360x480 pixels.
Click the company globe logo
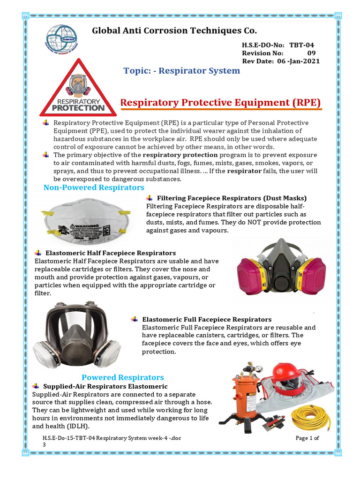[62, 39]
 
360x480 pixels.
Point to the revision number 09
[312, 53]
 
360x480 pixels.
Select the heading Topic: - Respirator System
[181, 71]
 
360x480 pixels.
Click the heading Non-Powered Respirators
[94, 187]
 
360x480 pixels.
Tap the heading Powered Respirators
[123, 377]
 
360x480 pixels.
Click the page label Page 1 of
[307, 438]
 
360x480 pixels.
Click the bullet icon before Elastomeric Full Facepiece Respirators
[134, 319]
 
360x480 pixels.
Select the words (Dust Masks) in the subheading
[285, 198]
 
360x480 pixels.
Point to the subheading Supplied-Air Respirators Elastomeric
[105, 386]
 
